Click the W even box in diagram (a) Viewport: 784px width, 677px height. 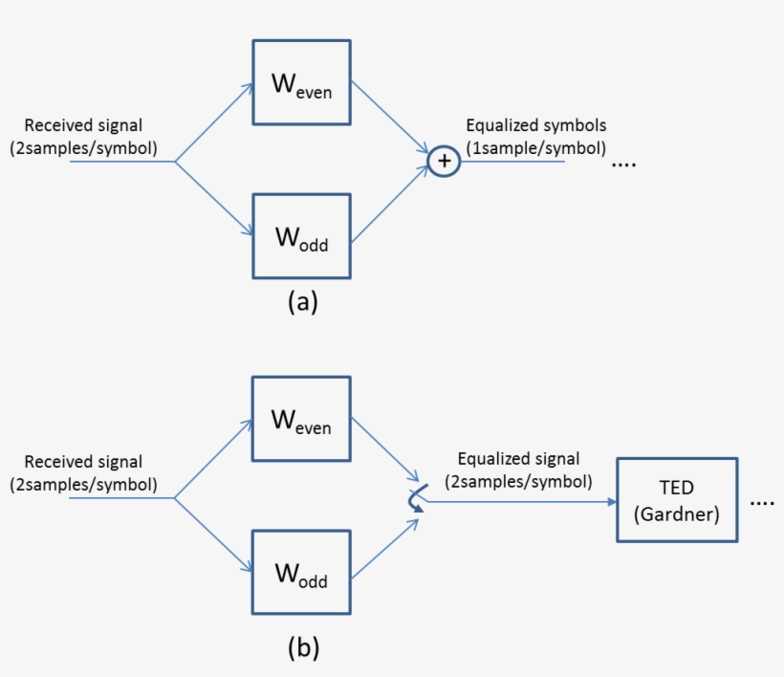[301, 83]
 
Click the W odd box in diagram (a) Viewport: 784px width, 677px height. [301, 238]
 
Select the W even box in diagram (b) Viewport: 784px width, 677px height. [301, 419]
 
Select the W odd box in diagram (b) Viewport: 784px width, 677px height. [301, 571]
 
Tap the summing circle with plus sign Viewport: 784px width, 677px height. [444, 163]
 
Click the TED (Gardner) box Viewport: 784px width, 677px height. [677, 501]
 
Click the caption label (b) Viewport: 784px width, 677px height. [303, 647]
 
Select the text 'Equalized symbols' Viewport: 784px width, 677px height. [535, 126]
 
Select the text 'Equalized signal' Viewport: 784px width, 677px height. [518, 460]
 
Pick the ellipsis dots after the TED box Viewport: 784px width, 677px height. [762, 503]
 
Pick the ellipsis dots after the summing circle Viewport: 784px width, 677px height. [623, 164]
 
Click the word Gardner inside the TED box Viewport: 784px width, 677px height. [676, 513]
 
